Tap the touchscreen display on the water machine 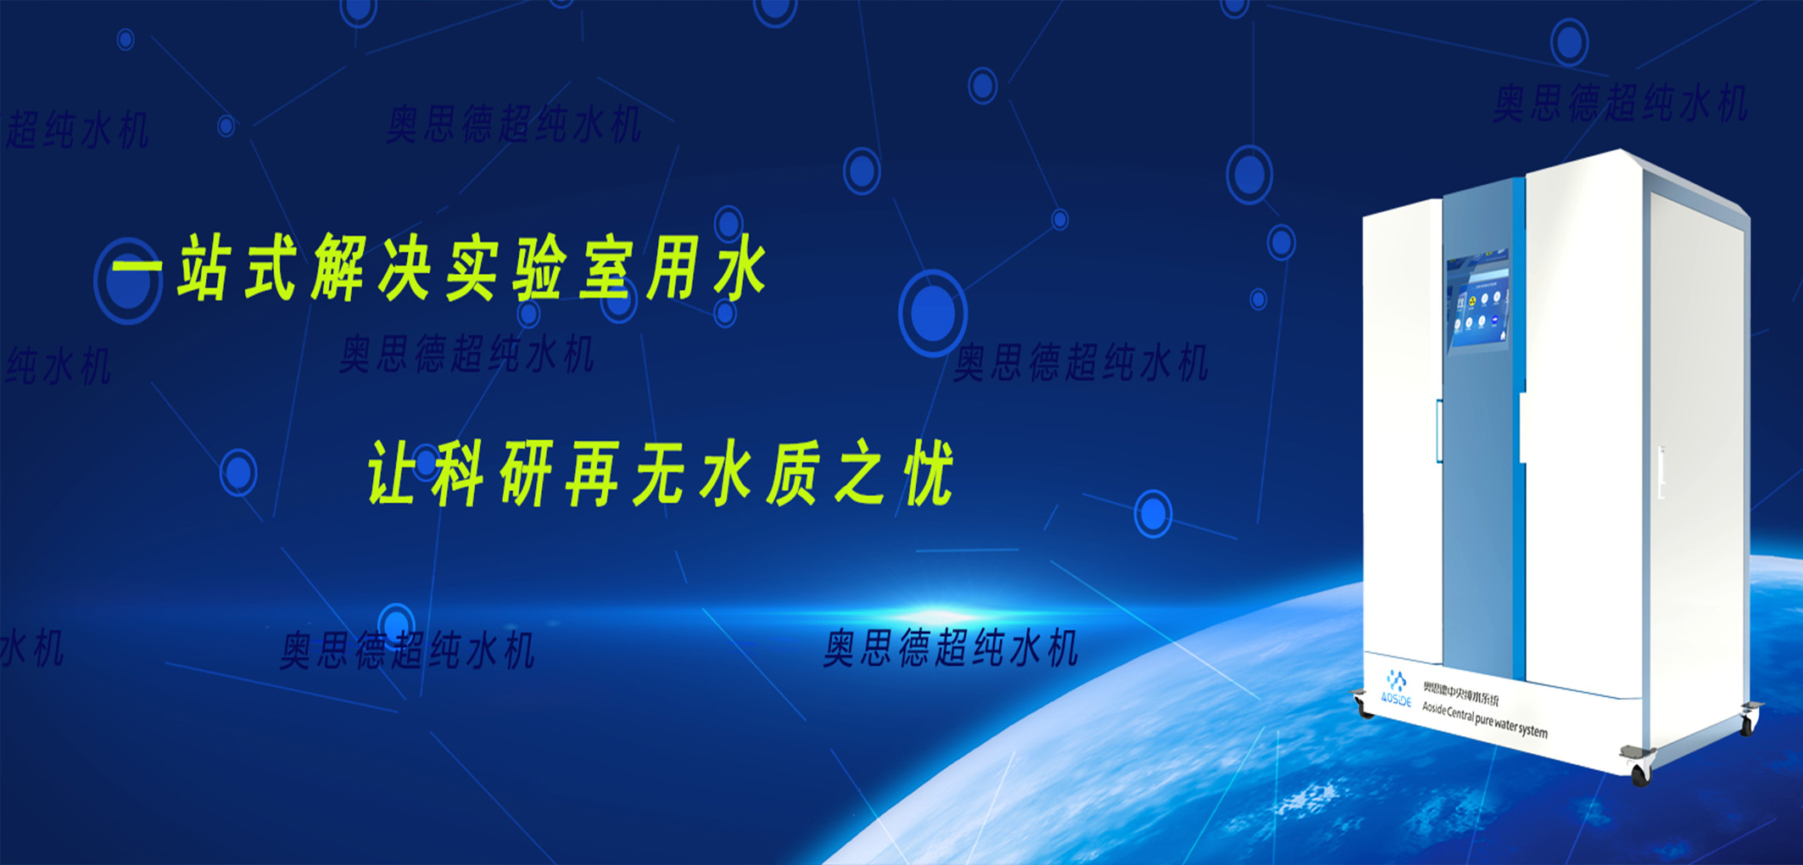coord(1479,300)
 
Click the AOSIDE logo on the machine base coord(1395,689)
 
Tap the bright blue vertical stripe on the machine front coord(1518,424)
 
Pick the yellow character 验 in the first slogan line coord(539,270)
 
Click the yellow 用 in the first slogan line coord(673,270)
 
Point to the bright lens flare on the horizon coord(933,614)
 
